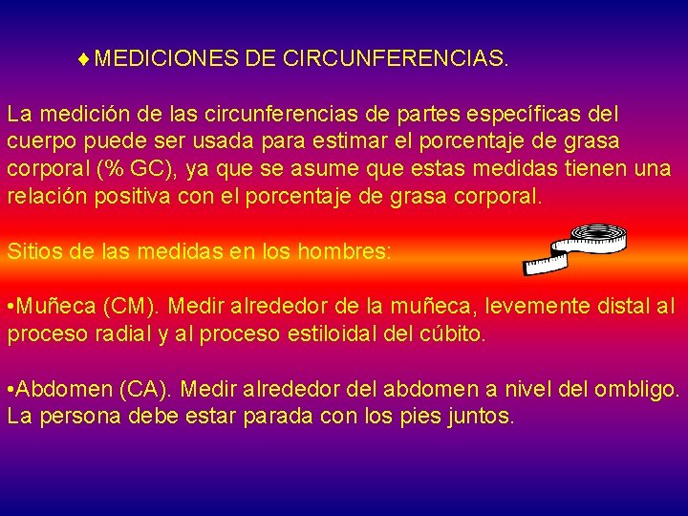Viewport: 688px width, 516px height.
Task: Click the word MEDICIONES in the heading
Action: pos(166,59)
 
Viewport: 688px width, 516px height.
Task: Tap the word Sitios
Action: pos(34,253)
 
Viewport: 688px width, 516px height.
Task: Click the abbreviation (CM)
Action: pos(139,308)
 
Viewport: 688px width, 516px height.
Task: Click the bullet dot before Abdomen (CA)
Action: pos(11,390)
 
